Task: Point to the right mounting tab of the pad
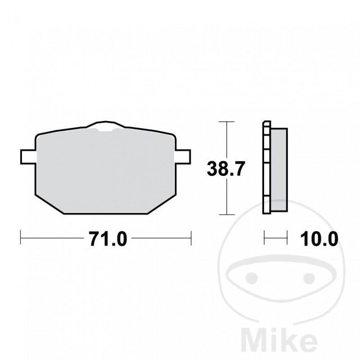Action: tap(183, 156)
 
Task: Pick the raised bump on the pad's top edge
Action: tap(106, 126)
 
